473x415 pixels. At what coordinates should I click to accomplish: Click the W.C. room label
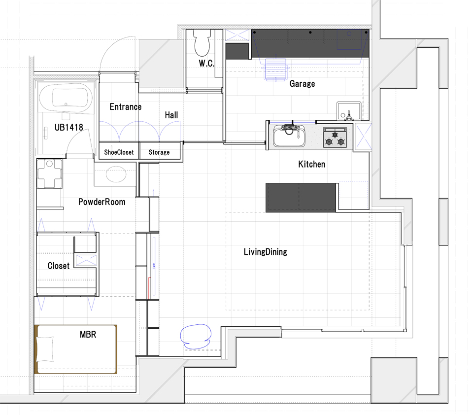(x=206, y=64)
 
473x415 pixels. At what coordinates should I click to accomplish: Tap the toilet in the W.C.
(x=202, y=43)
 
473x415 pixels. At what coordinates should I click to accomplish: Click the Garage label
(x=302, y=84)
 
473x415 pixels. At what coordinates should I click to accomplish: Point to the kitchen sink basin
(x=289, y=136)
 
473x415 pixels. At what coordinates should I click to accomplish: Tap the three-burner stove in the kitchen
(x=335, y=138)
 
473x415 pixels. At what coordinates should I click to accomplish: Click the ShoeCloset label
(x=119, y=152)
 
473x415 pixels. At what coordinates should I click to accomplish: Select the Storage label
(x=159, y=152)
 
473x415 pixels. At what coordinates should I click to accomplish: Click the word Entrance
(x=126, y=107)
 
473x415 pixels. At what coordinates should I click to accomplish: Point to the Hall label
(x=171, y=115)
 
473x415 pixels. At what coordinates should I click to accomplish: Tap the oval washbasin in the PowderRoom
(x=116, y=174)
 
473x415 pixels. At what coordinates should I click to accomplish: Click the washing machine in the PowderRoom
(x=49, y=173)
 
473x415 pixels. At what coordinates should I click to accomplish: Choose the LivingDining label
(x=266, y=252)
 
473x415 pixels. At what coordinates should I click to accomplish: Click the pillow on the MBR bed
(x=45, y=349)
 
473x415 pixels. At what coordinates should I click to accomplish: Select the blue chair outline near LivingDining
(x=196, y=337)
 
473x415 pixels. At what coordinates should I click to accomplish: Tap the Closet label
(x=59, y=266)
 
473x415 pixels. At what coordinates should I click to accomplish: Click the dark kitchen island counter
(x=301, y=197)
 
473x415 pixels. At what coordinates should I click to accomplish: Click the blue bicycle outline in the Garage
(x=275, y=69)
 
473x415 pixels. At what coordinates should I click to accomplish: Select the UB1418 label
(x=69, y=127)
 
